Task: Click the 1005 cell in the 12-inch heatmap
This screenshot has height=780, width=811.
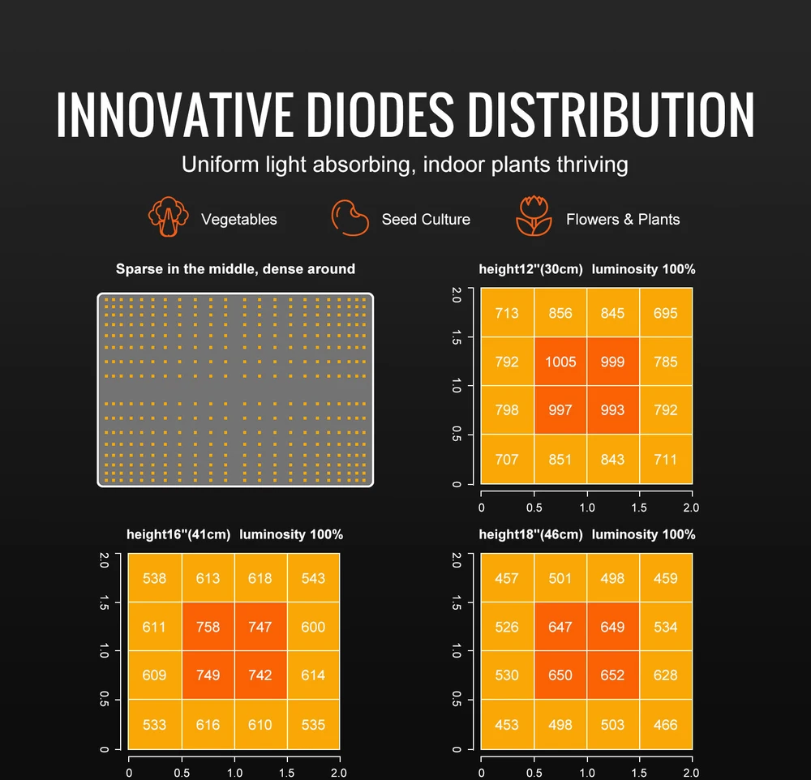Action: (x=560, y=362)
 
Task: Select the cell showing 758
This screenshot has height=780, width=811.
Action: (x=208, y=627)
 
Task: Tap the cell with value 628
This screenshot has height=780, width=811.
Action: (x=666, y=675)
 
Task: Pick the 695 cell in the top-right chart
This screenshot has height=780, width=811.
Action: (x=666, y=313)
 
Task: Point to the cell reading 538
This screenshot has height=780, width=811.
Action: (x=155, y=578)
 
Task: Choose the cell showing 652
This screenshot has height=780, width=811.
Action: (x=613, y=675)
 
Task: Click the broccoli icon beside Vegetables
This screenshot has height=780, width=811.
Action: (x=168, y=216)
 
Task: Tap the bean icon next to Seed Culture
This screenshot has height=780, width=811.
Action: (x=350, y=218)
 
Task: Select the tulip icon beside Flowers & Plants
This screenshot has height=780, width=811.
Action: (x=534, y=216)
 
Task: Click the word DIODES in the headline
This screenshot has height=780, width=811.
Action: (x=380, y=114)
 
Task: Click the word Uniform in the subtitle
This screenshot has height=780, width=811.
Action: (x=220, y=165)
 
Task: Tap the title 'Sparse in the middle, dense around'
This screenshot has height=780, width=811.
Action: (x=235, y=269)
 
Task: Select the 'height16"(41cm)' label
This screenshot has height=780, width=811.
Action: (x=178, y=534)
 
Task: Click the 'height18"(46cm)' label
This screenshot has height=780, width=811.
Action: (x=530, y=534)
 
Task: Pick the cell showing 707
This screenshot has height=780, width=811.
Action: (x=507, y=459)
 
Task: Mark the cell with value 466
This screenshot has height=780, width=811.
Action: (x=666, y=725)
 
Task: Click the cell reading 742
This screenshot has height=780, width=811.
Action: (x=260, y=675)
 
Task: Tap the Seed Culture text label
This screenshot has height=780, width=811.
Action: (x=426, y=219)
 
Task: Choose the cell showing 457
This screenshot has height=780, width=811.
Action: (x=507, y=578)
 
